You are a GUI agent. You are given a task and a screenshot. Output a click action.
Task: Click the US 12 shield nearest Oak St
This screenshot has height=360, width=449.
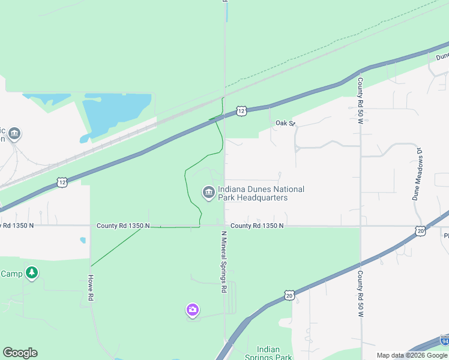pyautogui.click(x=241, y=111)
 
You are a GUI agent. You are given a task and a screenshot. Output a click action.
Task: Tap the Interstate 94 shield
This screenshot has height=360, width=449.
pyautogui.click(x=444, y=340)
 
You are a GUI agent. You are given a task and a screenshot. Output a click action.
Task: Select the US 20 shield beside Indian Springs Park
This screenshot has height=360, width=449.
pyautogui.click(x=290, y=295)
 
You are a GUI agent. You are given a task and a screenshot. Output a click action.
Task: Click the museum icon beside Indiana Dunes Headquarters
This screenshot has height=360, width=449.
pyautogui.click(x=208, y=192)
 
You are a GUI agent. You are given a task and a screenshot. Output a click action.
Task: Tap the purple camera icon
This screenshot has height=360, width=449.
pyautogui.click(x=192, y=310)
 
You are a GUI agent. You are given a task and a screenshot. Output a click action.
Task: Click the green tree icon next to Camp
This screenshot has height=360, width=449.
pyautogui.click(x=32, y=274)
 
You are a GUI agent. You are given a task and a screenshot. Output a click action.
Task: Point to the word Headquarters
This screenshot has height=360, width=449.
pyautogui.click(x=261, y=197)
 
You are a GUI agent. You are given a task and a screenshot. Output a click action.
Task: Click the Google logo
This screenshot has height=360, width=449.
pyautogui.click(x=20, y=353)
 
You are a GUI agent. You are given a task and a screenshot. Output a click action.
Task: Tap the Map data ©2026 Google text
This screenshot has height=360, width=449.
pyautogui.click(x=412, y=355)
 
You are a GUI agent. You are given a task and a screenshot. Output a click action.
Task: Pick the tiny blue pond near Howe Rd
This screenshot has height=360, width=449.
pyautogui.click(x=83, y=241)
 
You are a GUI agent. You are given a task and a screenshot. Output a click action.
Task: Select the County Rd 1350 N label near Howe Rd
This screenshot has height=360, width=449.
pyautogui.click(x=124, y=226)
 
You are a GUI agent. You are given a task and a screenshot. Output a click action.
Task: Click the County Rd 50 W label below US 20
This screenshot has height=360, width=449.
pyautogui.click(x=361, y=294)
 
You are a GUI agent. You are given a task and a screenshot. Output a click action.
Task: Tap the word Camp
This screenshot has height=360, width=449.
pyautogui.click(x=11, y=274)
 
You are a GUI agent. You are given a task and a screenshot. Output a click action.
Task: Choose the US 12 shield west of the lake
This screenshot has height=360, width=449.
pyautogui.click(x=62, y=181)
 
